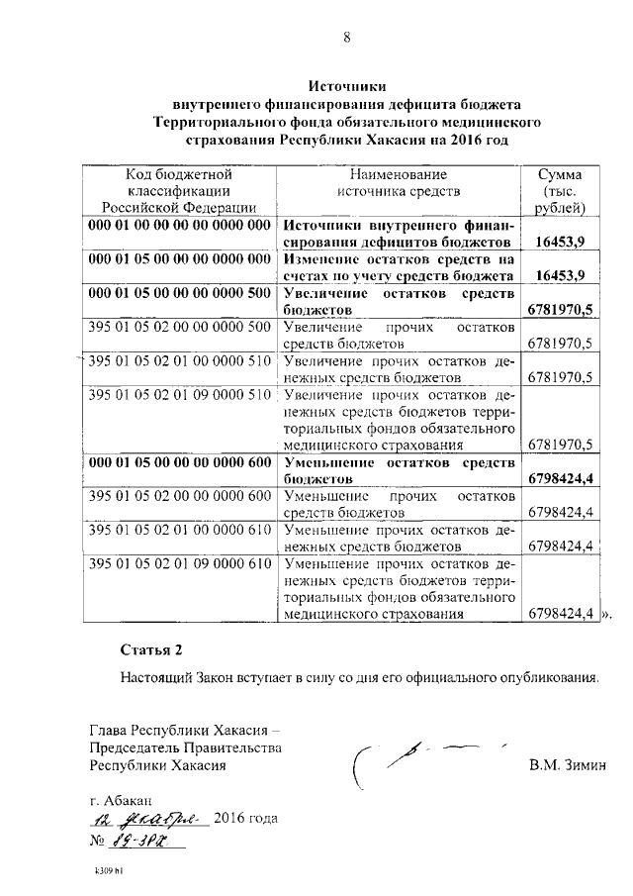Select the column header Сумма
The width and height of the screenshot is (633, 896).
click(559, 172)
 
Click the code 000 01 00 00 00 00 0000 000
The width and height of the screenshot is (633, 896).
click(179, 225)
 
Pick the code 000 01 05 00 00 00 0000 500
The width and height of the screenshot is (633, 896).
click(179, 294)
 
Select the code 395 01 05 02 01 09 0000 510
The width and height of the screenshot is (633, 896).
click(179, 394)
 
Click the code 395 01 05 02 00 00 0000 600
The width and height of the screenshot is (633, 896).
click(179, 495)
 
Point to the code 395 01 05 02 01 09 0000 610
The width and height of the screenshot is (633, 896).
click(179, 563)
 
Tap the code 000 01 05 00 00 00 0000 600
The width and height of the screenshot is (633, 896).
click(179, 461)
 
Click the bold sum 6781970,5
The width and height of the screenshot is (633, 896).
click(560, 310)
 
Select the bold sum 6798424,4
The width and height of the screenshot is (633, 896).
click(560, 478)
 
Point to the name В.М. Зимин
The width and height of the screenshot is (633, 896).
click(565, 764)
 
